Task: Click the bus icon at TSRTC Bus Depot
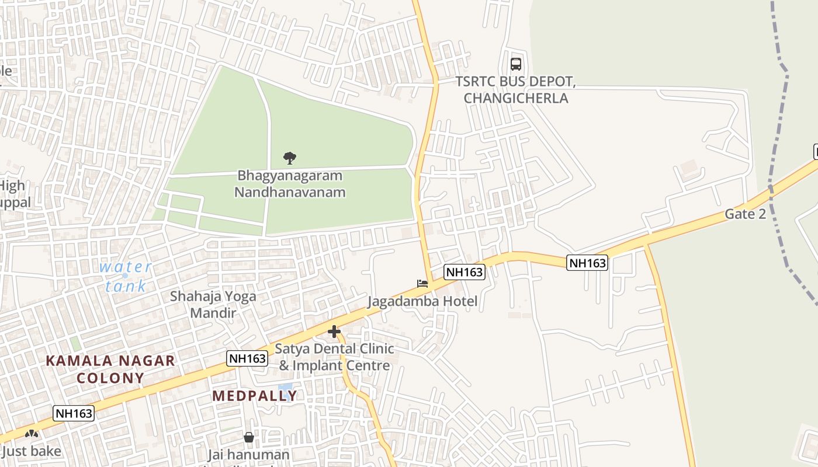(x=515, y=64)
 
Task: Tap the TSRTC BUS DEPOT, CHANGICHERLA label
(x=516, y=90)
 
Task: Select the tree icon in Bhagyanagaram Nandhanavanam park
(x=289, y=158)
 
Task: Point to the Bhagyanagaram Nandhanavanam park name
(x=290, y=183)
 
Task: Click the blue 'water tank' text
(x=126, y=276)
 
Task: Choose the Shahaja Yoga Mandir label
(x=213, y=304)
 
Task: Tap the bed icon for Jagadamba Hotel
(x=422, y=284)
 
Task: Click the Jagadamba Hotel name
(x=422, y=301)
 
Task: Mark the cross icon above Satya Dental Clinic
(x=334, y=332)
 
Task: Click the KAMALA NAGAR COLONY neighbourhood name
(x=110, y=369)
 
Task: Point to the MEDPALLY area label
(x=255, y=396)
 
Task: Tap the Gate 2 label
(x=745, y=214)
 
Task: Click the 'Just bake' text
(x=32, y=451)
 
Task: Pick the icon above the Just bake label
(x=32, y=434)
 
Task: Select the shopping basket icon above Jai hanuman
(x=249, y=437)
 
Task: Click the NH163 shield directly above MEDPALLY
(x=247, y=358)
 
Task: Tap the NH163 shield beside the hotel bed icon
(x=465, y=271)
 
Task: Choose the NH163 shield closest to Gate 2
(x=587, y=263)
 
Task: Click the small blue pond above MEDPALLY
(x=285, y=388)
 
